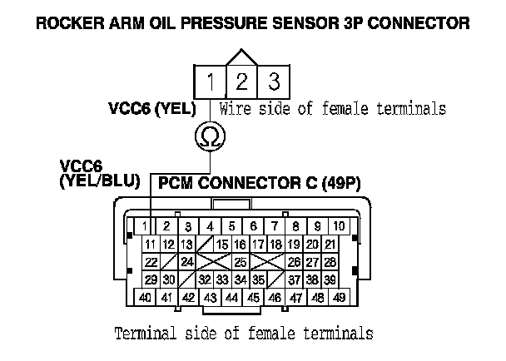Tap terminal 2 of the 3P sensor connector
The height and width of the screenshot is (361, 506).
point(241,82)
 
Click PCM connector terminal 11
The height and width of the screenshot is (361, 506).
point(151,244)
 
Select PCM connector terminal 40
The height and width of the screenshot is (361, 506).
point(145,297)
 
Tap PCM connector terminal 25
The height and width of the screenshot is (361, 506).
point(239,262)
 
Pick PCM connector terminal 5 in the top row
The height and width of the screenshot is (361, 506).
point(232,225)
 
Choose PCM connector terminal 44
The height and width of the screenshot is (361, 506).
point(232,297)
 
